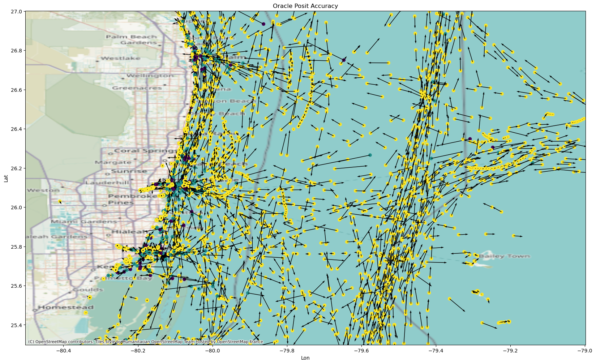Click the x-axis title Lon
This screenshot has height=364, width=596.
point(305,358)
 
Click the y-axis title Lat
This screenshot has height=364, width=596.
point(6,178)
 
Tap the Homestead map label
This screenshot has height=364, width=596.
point(66,307)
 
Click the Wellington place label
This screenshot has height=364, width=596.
point(150,76)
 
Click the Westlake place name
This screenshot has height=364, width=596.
point(121,58)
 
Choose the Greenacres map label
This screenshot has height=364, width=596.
point(137,88)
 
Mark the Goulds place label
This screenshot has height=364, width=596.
point(88,290)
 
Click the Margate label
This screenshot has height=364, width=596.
point(113,163)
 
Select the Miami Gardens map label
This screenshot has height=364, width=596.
point(84,221)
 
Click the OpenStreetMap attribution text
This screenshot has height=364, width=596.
point(145,342)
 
